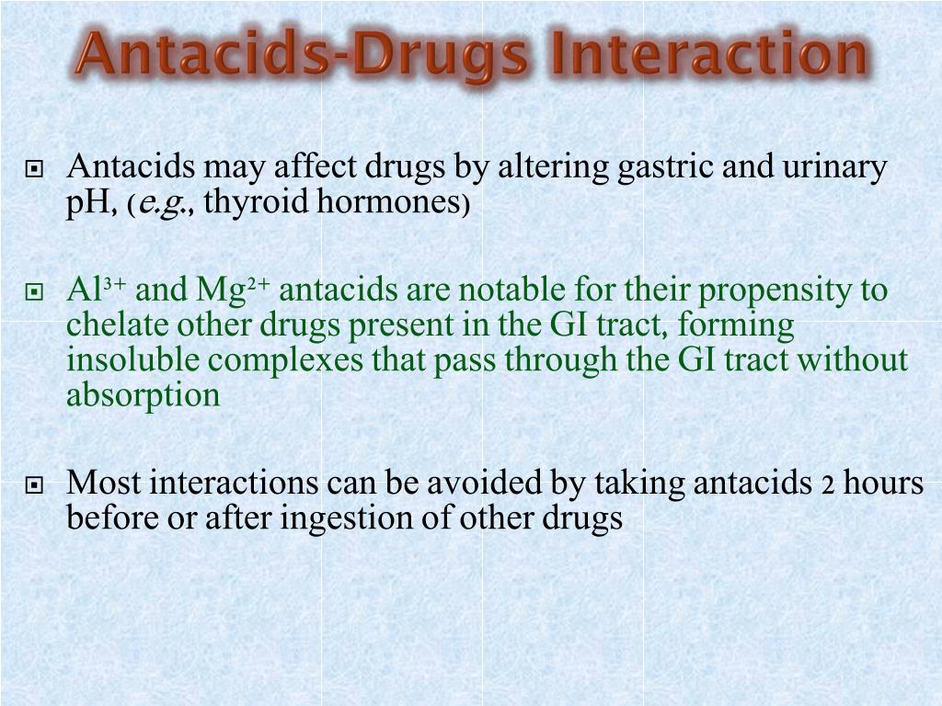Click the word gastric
pyautogui.click(x=665, y=167)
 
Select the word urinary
pyautogui.click(x=835, y=167)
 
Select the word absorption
pyautogui.click(x=144, y=395)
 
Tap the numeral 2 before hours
pyautogui.click(x=828, y=485)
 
